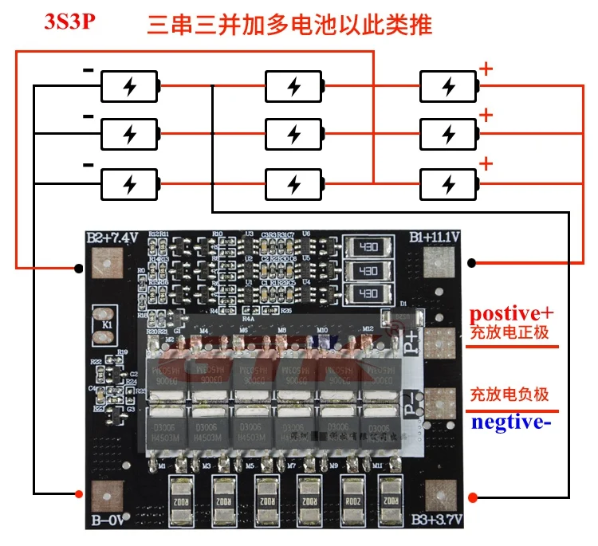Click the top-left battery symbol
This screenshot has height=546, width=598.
(x=130, y=86)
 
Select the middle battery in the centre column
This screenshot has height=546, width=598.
(x=294, y=132)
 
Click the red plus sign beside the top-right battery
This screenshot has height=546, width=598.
(x=486, y=69)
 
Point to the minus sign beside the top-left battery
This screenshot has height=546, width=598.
(x=89, y=70)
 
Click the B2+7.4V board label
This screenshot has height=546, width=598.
(x=113, y=238)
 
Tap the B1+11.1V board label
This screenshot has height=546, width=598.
(x=438, y=238)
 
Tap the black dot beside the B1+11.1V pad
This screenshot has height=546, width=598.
(x=473, y=262)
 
